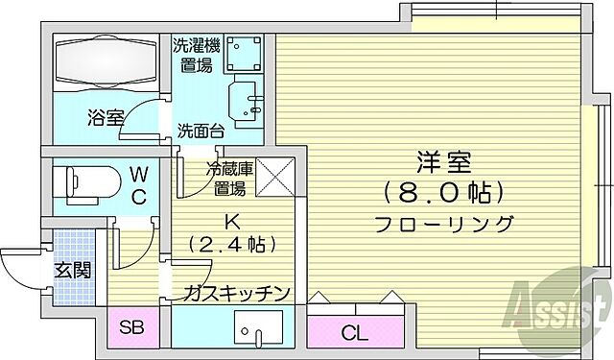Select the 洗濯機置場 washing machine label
pos(197,55)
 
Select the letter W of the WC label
pos(139,176)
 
